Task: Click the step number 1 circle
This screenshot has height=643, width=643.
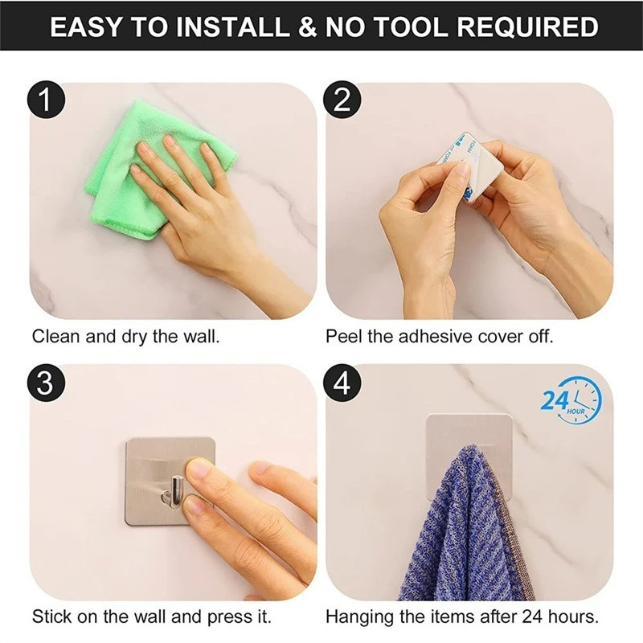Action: tap(46, 100)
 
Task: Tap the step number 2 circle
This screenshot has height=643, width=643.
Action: tap(342, 100)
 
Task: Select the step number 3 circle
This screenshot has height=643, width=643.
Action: tap(46, 383)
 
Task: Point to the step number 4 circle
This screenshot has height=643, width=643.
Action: tap(342, 383)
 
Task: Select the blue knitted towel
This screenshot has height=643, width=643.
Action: tap(464, 529)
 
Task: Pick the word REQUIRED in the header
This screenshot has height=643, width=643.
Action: tap(527, 27)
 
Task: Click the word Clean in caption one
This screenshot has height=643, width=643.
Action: tap(55, 336)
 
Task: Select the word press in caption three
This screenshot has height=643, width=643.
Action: tap(229, 616)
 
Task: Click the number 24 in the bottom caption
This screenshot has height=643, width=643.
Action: tap(531, 616)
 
